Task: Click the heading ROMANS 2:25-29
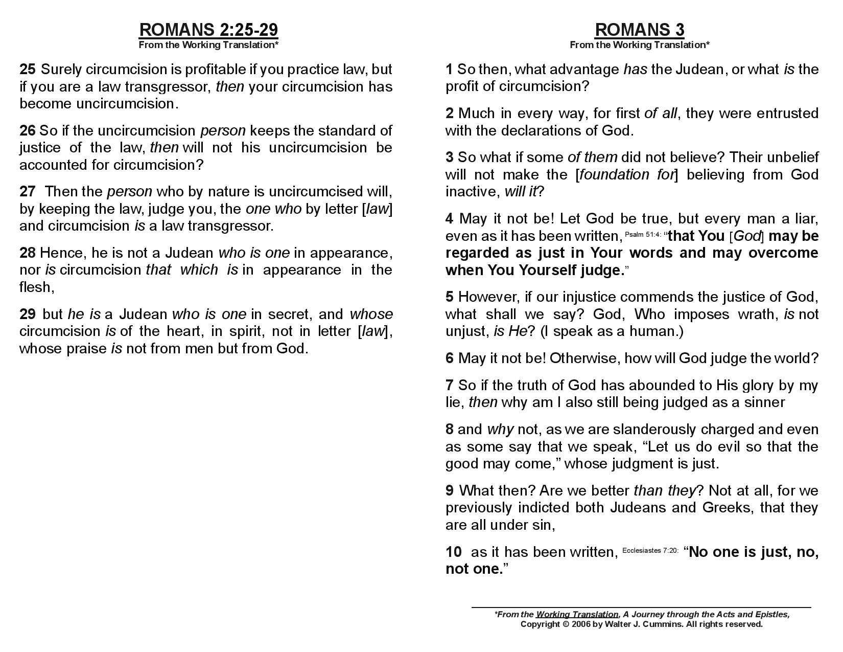(x=208, y=30)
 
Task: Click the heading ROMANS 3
(x=639, y=30)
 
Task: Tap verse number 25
(x=28, y=69)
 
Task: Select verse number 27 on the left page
(x=28, y=192)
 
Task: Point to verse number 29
(x=28, y=314)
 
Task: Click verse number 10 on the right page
(x=454, y=552)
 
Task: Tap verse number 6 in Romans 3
(x=450, y=358)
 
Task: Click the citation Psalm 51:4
(x=643, y=234)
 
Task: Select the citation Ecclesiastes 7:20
(x=650, y=550)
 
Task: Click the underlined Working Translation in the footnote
(x=577, y=614)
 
